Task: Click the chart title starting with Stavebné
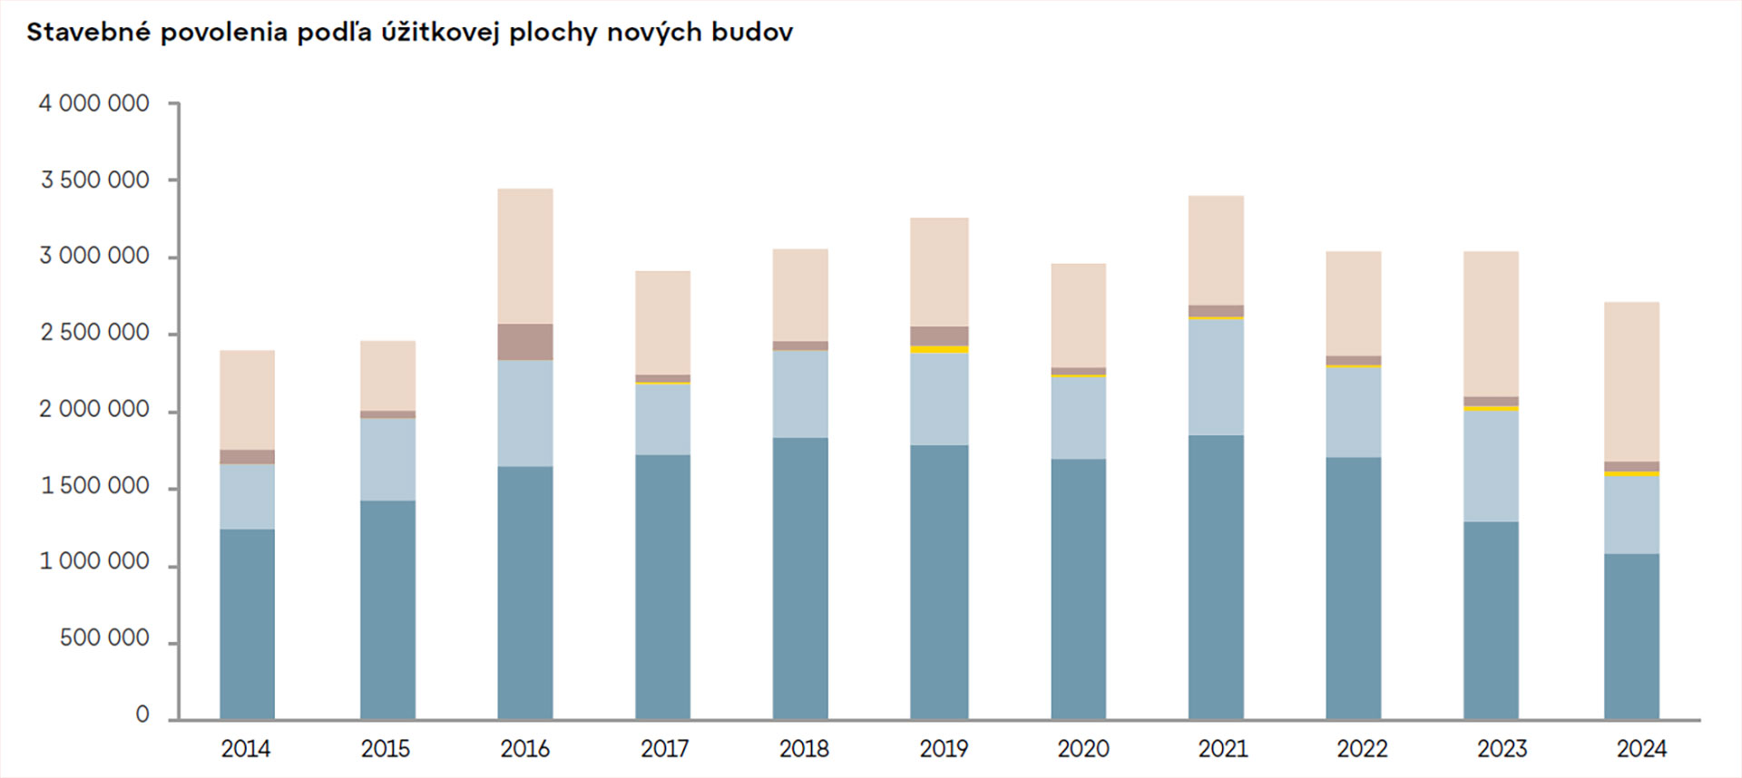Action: (409, 33)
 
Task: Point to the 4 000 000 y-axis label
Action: (93, 103)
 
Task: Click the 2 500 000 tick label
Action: (93, 333)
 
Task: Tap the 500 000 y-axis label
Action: (104, 638)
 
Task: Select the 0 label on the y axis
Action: (142, 715)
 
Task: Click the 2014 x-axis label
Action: (246, 749)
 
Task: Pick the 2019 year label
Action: (944, 749)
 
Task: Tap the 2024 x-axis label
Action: (1641, 749)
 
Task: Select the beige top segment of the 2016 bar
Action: (524, 257)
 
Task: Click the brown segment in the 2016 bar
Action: (524, 342)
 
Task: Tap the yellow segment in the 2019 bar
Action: (939, 349)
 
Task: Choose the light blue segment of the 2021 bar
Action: (1216, 377)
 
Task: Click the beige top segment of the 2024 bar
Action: (1631, 382)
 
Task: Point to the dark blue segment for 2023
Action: (1491, 620)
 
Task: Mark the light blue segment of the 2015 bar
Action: (387, 459)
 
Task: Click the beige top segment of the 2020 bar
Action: (1078, 316)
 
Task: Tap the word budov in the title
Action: (751, 33)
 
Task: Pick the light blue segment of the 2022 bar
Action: (1353, 412)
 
